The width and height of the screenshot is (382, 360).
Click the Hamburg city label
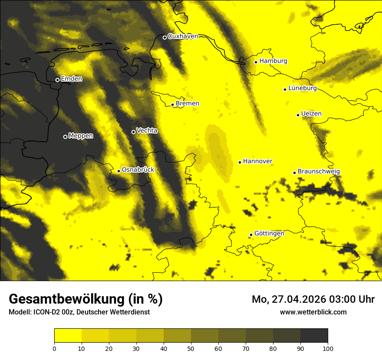tap(273, 61)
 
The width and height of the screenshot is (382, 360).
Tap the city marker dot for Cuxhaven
tap(165, 37)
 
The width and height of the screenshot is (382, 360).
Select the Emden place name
tap(71, 79)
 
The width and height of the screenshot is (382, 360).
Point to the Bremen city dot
tap(172, 105)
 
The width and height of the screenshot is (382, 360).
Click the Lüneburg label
tap(302, 88)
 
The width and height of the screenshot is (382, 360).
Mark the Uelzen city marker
tap(298, 115)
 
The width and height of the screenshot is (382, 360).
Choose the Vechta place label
tap(147, 131)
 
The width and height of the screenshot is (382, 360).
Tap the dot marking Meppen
tap(65, 137)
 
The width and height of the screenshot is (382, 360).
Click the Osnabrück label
tap(138, 170)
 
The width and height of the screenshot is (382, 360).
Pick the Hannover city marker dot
tap(240, 162)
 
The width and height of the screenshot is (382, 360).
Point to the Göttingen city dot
tap(251, 235)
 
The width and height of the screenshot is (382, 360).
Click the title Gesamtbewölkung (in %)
tap(86, 299)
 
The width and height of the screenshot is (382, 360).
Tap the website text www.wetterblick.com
tap(313, 312)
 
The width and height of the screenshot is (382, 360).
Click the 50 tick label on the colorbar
tap(191, 348)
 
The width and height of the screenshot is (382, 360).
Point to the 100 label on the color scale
tap(328, 348)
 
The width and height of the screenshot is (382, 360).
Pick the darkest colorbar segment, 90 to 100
tap(314, 335)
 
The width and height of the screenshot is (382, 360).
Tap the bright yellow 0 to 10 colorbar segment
tap(68, 335)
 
